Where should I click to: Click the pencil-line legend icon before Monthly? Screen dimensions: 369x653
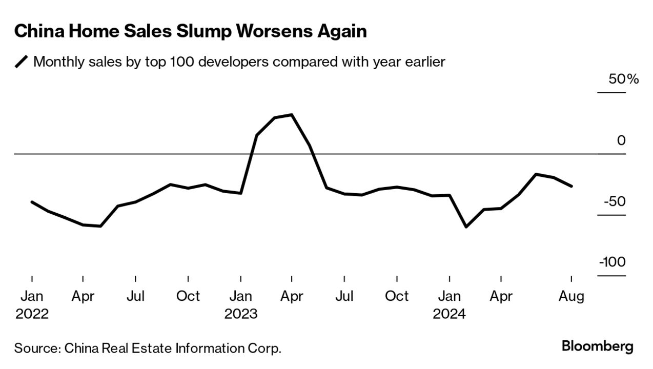tap(22, 63)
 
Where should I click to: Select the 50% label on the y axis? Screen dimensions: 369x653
tap(623, 79)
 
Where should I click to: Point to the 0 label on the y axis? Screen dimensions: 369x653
tap(621, 140)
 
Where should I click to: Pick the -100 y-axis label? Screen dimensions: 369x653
tap(612, 262)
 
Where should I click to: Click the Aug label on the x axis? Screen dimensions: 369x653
tap(572, 296)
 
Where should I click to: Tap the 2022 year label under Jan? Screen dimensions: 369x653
tap(32, 314)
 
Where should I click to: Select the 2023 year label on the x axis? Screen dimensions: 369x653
tap(240, 314)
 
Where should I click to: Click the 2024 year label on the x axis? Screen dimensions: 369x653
tap(449, 314)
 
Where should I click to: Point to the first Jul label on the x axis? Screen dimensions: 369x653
tap(135, 296)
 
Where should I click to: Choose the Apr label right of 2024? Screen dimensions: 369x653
tap(501, 296)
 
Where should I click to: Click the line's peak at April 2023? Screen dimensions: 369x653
tap(292, 114)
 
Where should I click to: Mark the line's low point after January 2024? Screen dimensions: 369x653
tap(466, 227)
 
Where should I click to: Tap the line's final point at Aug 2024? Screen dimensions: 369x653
tap(572, 186)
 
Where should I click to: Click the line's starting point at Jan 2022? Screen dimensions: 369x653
tap(32, 202)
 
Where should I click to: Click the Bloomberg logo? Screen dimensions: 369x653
tap(598, 346)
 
